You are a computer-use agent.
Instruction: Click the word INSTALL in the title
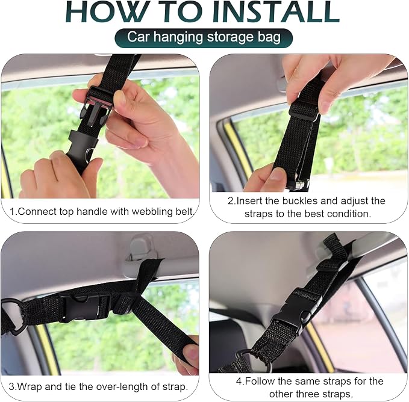pos(276,11)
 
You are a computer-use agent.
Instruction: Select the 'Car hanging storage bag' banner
pos(204,37)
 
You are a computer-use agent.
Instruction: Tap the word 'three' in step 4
pos(304,394)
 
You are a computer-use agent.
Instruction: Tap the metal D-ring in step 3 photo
pos(12,316)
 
